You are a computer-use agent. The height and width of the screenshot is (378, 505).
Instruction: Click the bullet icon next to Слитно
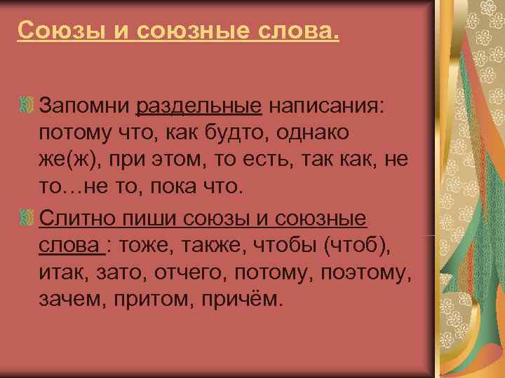pyautogui.click(x=26, y=218)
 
